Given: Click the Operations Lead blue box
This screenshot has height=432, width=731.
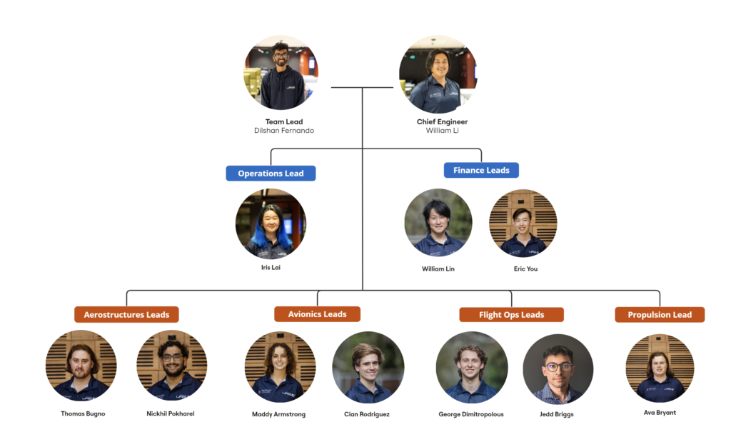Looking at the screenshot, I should tap(271, 174).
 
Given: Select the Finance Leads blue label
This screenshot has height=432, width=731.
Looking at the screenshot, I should tap(481, 171).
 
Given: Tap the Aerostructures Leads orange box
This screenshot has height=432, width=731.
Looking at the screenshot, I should tap(126, 315).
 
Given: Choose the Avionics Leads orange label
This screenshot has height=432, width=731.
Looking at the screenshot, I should tap(317, 314).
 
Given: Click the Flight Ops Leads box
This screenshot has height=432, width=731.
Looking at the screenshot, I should tap(511, 315).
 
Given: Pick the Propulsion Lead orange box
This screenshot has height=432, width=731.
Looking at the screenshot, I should tap(660, 315).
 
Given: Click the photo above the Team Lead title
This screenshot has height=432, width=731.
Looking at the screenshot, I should tap(281, 74).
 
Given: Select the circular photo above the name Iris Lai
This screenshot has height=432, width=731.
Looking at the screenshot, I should tap(271, 223).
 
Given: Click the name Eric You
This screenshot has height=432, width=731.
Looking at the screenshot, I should tap(525, 269).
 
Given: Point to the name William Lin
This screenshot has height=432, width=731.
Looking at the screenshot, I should tap(438, 269).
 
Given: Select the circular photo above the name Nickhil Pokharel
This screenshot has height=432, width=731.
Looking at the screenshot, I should tap(171, 366).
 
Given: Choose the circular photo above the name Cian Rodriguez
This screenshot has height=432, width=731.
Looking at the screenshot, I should tap(368, 368).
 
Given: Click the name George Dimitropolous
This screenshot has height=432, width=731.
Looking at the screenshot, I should tap(471, 414).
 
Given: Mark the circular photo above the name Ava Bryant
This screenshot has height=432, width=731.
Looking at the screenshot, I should tap(660, 367).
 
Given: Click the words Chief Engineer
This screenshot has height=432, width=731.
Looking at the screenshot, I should tap(442, 122).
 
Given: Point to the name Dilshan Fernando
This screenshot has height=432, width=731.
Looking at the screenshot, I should tap(284, 131).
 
